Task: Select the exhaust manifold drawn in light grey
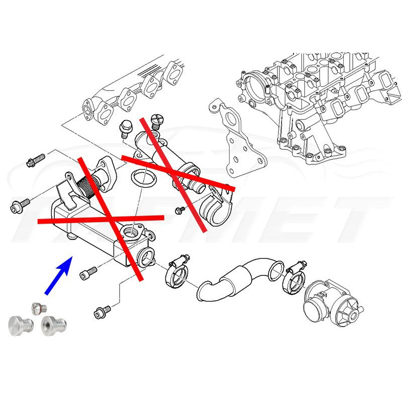[131, 93]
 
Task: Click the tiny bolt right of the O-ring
[178, 210]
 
